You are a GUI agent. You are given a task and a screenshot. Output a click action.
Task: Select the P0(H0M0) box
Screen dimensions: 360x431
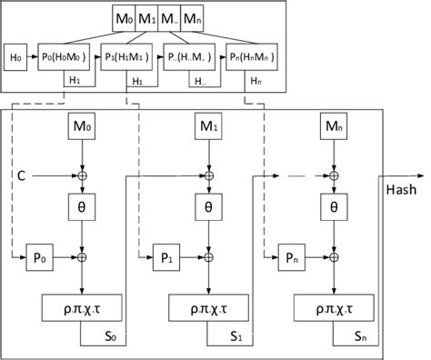point(65,55)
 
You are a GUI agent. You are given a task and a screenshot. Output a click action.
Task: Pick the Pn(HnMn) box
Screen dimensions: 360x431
point(252,55)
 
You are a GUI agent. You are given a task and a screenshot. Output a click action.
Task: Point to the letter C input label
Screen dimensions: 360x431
point(19,173)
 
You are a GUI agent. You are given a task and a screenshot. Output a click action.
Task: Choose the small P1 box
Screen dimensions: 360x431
point(167,258)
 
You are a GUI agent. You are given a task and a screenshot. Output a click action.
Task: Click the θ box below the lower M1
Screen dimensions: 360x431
point(209,208)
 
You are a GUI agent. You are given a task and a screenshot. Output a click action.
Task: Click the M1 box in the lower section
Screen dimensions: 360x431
point(209,128)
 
